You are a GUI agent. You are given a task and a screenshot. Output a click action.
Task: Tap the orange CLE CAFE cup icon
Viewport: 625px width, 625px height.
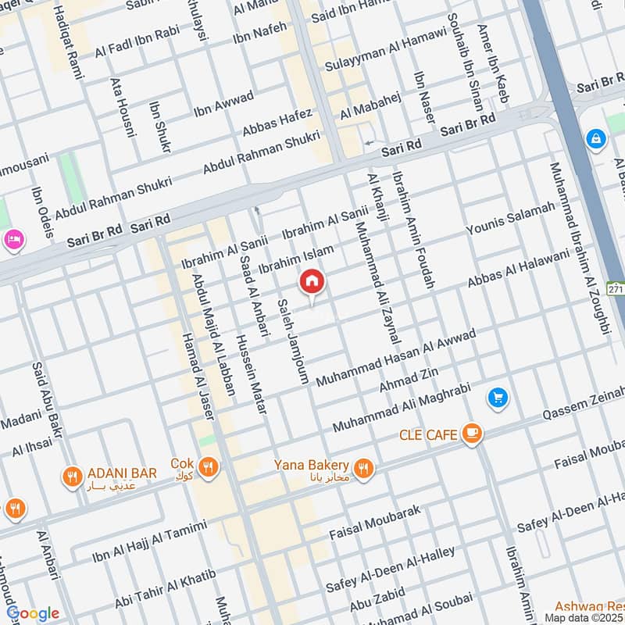click(471, 434)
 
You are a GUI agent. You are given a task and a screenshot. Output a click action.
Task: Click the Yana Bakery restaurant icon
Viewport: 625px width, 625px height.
click(362, 469)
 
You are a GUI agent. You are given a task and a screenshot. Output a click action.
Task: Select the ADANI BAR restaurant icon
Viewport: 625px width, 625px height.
click(73, 475)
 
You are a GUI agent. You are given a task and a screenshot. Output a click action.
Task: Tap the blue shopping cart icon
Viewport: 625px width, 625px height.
click(498, 398)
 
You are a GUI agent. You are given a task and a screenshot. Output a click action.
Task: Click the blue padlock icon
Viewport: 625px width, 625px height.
click(596, 139)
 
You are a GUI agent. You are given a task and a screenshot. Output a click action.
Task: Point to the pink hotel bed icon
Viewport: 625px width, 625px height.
click(13, 237)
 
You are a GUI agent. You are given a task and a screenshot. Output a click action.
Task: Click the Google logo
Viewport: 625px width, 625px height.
click(33, 612)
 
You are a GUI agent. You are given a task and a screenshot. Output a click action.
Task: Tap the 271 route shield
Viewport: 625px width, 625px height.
click(616, 289)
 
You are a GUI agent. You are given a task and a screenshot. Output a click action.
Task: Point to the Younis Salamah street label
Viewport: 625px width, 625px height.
click(510, 218)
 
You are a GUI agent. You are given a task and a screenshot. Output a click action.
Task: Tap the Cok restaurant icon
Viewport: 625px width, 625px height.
click(208, 467)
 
